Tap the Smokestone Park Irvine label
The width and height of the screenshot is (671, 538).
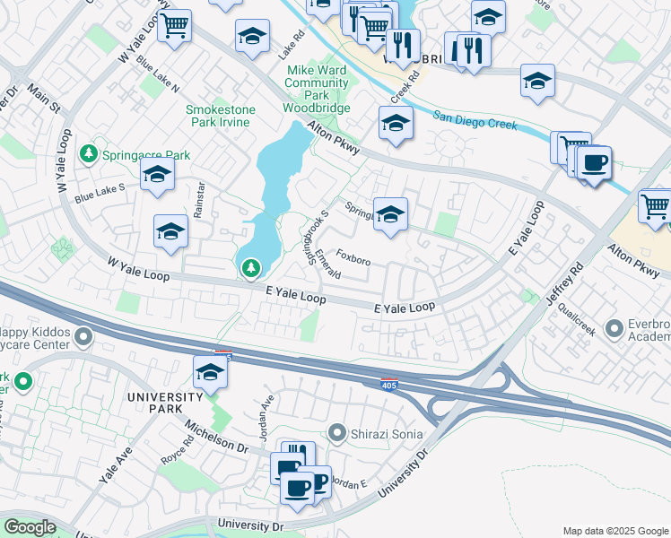pos(220,116)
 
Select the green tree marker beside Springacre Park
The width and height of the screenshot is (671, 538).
pos(89,154)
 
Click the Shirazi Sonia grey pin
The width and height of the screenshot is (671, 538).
pos(336,434)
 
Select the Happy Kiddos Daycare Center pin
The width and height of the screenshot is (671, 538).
pos(83,337)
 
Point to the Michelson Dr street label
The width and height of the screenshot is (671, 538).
pos(215,434)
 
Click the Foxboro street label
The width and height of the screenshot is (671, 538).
pos(353,260)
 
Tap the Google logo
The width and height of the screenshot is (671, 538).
pos(30,527)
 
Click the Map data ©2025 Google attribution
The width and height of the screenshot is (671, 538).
pos(614,531)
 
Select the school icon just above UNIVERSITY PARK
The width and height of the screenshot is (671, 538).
pos(210,372)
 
